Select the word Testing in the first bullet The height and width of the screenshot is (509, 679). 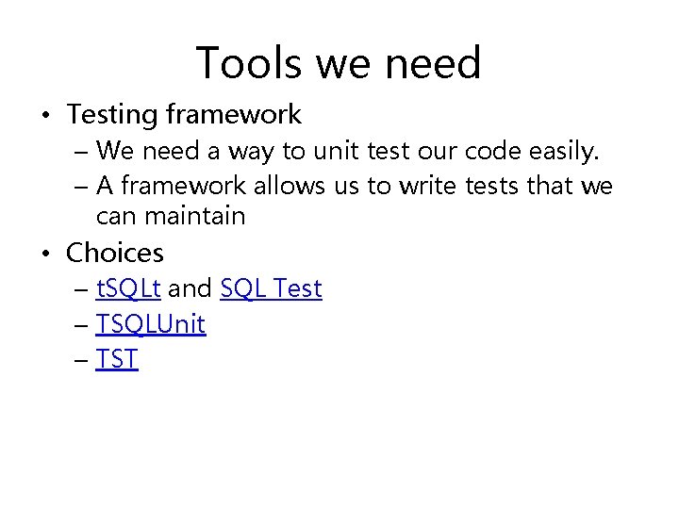[x=112, y=115]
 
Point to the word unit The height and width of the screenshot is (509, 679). [x=319, y=151]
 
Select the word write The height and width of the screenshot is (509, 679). [x=427, y=187]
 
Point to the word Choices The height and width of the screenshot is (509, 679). [x=114, y=253]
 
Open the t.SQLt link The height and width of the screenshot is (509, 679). [x=128, y=288]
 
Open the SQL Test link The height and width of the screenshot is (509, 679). [x=271, y=288]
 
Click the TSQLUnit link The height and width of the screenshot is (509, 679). [x=151, y=324]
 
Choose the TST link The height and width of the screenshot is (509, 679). [x=117, y=360]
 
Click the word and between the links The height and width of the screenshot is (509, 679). [x=190, y=288]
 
